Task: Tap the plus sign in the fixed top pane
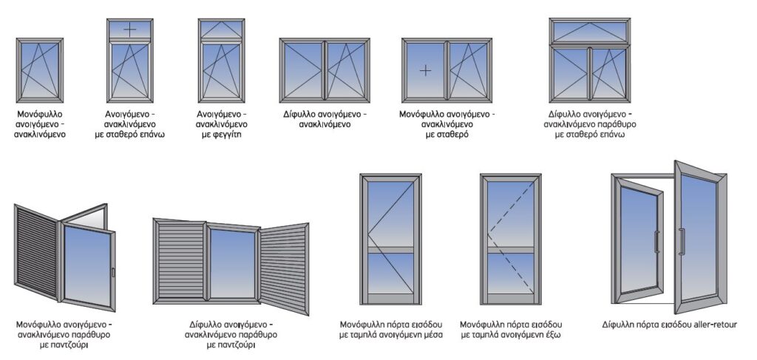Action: point(129,30)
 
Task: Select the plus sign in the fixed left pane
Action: point(425,70)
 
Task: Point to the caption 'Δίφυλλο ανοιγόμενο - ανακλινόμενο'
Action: point(325,120)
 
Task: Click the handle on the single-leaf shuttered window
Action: point(112,273)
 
